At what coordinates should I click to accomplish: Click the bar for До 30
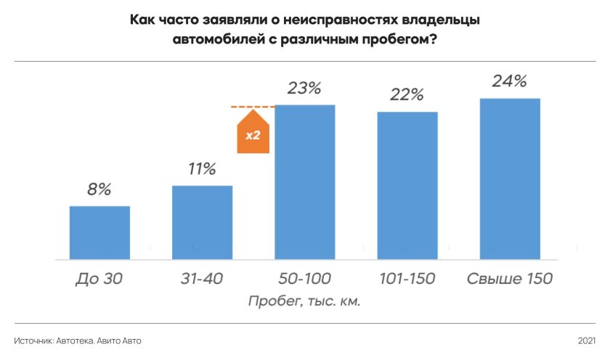[x=99, y=232]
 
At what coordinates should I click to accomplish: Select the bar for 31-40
[x=202, y=222]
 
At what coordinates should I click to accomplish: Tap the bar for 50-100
[x=304, y=181]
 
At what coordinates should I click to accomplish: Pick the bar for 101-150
[x=407, y=185]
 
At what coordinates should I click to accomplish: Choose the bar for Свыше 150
[x=510, y=179]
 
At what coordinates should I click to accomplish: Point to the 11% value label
[x=202, y=170]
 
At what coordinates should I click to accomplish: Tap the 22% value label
[x=407, y=95]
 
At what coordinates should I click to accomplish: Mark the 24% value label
[x=510, y=81]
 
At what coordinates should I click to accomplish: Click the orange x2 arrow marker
[x=253, y=133]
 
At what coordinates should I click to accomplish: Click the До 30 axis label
[x=99, y=279]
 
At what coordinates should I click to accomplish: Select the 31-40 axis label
[x=202, y=279]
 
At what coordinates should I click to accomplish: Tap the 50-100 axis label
[x=304, y=279]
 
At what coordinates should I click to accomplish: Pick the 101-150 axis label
[x=407, y=279]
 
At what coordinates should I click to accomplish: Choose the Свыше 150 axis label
[x=510, y=279]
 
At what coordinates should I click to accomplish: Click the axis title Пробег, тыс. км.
[x=304, y=301]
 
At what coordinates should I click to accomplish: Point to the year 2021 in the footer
[x=587, y=340]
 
